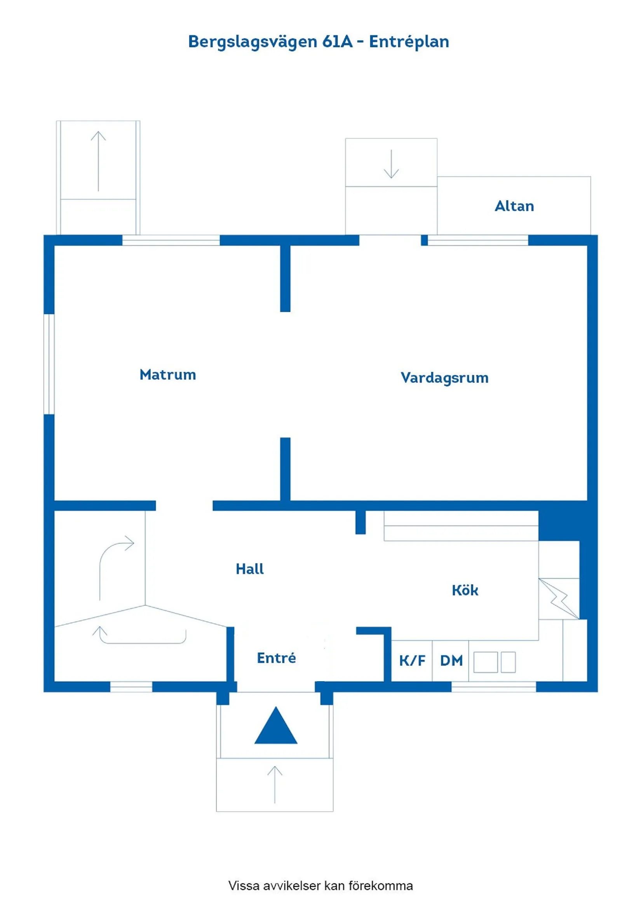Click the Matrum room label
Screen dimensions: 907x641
click(167, 375)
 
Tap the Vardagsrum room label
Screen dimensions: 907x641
click(444, 378)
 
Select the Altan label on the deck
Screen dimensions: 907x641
click(514, 206)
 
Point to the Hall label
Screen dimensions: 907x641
click(250, 569)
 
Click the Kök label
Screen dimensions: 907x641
click(465, 590)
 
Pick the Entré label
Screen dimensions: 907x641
click(276, 658)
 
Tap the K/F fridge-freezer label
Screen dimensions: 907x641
click(412, 661)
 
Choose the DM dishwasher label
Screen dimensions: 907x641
click(451, 661)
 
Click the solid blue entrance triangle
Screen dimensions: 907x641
click(276, 727)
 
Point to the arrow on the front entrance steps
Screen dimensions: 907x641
click(275, 785)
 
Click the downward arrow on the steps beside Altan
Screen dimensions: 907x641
click(391, 164)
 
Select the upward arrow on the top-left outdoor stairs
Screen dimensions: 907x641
click(98, 161)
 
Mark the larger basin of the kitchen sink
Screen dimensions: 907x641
click(485, 662)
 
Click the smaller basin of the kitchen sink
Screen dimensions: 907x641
click(508, 662)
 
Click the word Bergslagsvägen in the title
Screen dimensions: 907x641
click(253, 42)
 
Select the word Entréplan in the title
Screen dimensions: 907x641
click(409, 42)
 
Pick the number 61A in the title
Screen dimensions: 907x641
click(337, 42)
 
